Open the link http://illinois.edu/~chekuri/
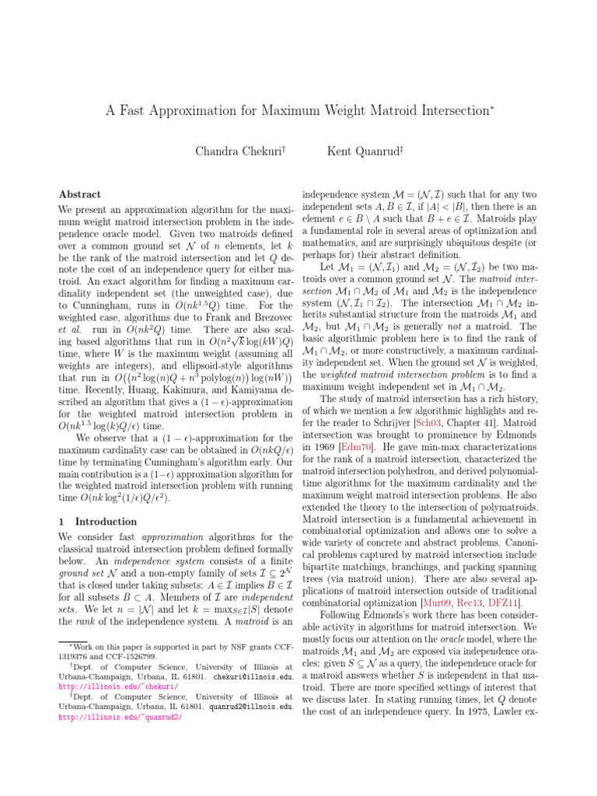[118, 686]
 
